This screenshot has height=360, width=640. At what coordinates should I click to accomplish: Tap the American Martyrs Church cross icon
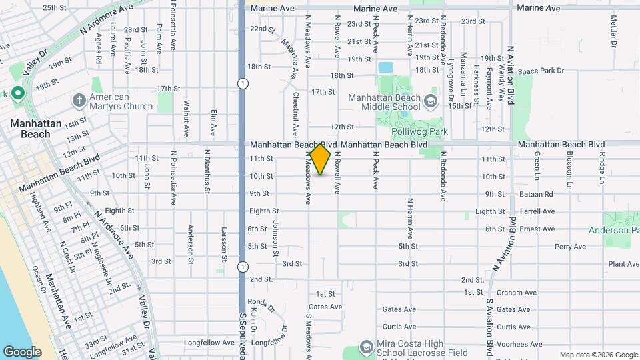pos(79,101)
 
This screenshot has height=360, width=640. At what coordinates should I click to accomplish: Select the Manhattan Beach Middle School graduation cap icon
pos(431,101)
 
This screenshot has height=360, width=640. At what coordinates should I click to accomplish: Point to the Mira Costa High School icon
pos(365,347)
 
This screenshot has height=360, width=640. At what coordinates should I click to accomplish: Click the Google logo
pos(22,352)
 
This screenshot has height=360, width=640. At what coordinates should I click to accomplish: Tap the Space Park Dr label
pos(541,71)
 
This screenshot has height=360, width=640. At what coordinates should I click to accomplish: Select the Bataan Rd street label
pos(538,194)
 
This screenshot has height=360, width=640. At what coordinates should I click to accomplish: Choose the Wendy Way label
pos(500,79)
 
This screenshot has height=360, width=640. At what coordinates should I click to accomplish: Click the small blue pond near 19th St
pos(385,67)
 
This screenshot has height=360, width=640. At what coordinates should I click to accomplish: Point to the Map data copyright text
pos(598,355)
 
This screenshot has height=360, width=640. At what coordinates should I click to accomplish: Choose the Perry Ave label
pos(570,247)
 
